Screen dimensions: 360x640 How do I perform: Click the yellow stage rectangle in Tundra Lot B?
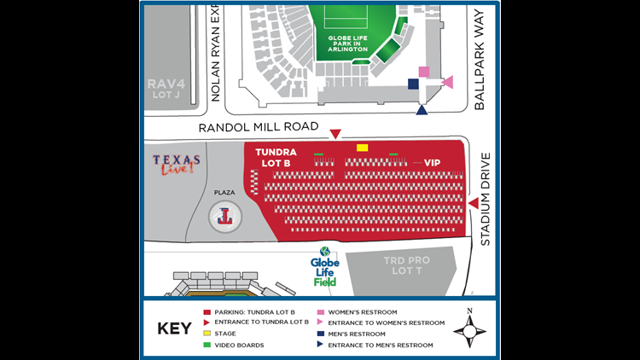click(x=362, y=148)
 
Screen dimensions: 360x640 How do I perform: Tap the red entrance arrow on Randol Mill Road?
click(x=335, y=134)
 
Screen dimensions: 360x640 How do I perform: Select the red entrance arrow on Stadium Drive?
click(x=473, y=203)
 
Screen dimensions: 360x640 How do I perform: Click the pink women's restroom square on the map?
click(x=424, y=72)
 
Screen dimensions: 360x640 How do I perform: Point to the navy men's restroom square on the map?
click(x=413, y=84)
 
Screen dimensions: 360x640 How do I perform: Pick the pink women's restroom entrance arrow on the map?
click(x=448, y=82)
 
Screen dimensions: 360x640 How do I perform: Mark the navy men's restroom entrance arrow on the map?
click(x=422, y=109)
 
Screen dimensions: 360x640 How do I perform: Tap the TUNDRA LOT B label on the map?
click(x=276, y=157)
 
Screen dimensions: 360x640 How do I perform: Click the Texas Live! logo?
click(x=177, y=164)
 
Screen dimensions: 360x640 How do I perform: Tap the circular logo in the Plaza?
click(x=225, y=218)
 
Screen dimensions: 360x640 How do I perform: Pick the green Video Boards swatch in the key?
click(x=207, y=345)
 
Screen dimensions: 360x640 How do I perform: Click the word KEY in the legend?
click(x=174, y=328)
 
